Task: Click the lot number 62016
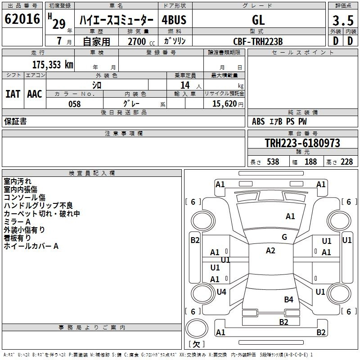22,20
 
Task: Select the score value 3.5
342,20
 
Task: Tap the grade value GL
258,20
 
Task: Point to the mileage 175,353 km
53,65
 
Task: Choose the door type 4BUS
174,20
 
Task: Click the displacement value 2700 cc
140,41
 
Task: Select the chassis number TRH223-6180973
302,144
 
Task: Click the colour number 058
75,104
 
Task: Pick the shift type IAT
13,94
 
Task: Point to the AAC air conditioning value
35,94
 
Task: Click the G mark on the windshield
284,237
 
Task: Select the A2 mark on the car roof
270,251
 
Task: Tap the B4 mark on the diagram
288,299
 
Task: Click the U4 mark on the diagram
221,292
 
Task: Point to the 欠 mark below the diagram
196,344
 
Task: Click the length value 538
273,162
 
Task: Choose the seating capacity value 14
185,85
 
